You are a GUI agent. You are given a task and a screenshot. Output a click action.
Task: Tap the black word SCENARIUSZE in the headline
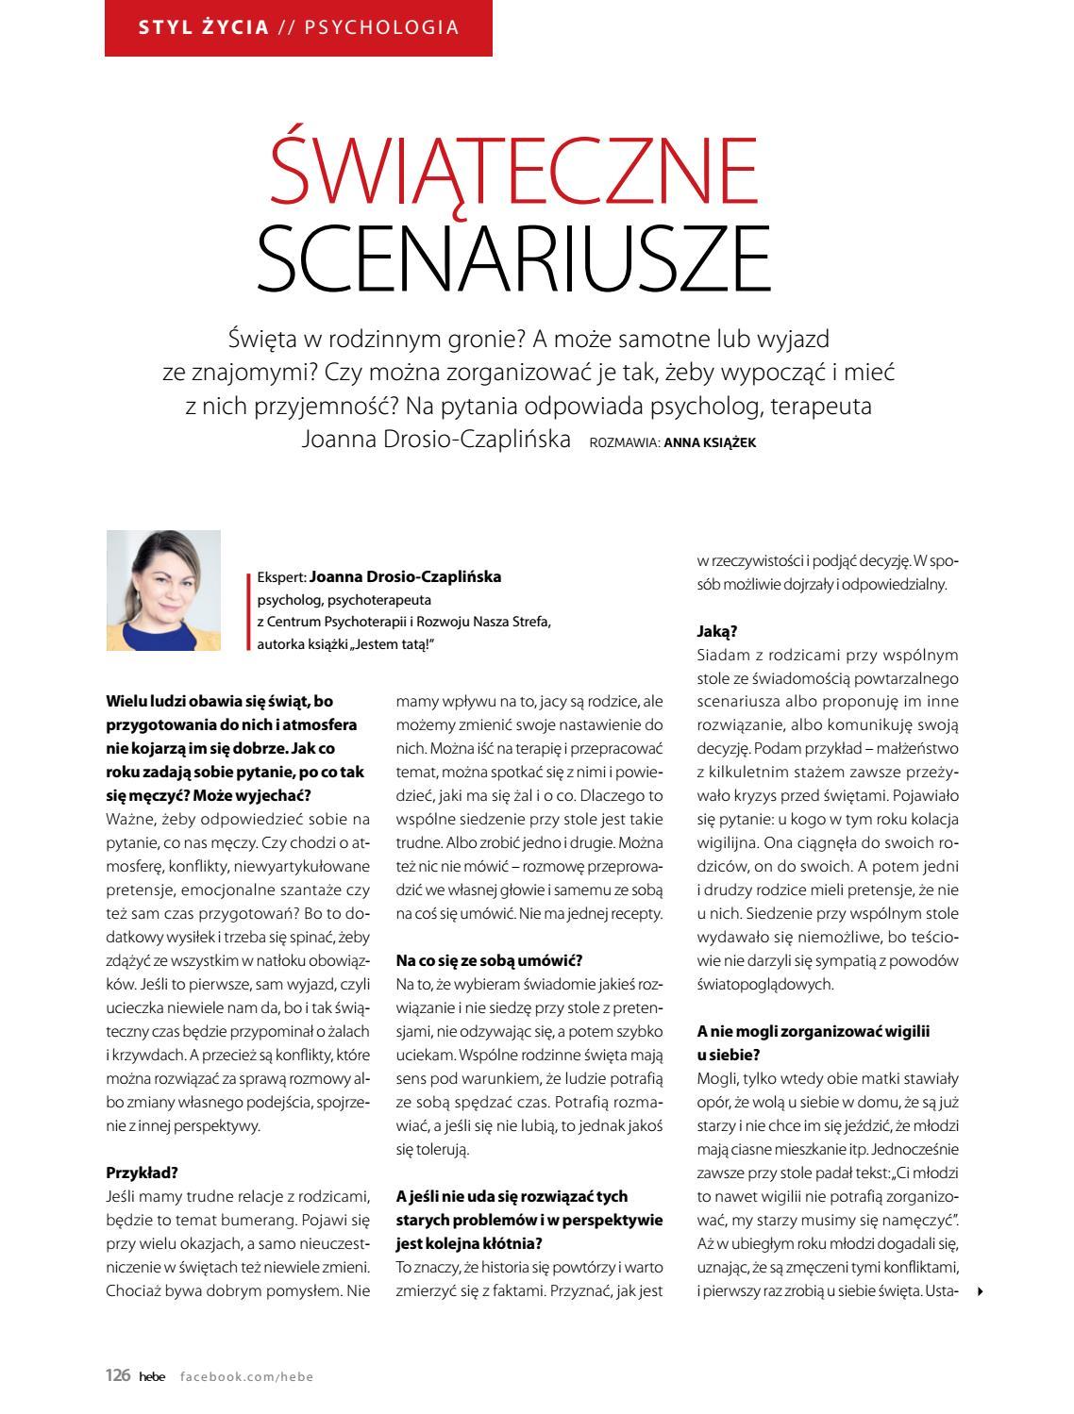tap(513, 257)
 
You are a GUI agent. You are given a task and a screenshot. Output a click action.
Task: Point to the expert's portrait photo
tap(163, 590)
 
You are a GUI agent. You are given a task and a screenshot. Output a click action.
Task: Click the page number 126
tap(117, 1376)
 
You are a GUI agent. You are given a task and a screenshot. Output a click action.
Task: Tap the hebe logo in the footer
tap(151, 1377)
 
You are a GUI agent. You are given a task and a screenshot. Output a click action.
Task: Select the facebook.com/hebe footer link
tap(246, 1377)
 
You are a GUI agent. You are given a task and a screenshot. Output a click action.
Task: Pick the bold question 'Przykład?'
tap(142, 1173)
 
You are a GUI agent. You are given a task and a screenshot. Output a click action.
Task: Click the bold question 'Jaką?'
tap(717, 631)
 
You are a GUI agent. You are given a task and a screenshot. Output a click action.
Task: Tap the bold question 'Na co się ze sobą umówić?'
tap(489, 960)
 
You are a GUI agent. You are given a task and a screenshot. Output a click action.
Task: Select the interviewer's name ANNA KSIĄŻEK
tap(710, 441)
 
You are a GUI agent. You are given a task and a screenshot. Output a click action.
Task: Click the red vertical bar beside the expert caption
tap(247, 610)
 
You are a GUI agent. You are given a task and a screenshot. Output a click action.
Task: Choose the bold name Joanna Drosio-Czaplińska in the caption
tap(405, 576)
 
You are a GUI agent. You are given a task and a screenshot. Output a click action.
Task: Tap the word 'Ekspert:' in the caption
tap(281, 577)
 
